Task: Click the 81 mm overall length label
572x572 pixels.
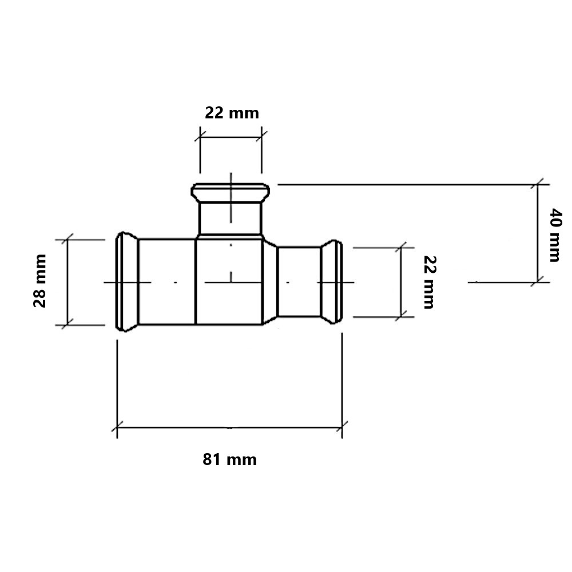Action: [230, 460]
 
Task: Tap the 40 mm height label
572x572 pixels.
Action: [555, 235]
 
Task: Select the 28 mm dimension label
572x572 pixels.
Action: [40, 281]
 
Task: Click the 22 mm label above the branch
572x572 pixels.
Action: [232, 113]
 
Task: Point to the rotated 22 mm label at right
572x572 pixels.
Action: [430, 283]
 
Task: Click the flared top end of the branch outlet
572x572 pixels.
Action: [231, 193]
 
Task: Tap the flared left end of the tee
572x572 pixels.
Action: [126, 281]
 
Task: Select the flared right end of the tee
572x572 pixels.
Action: [332, 282]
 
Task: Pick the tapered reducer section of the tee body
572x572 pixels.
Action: [270, 282]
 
